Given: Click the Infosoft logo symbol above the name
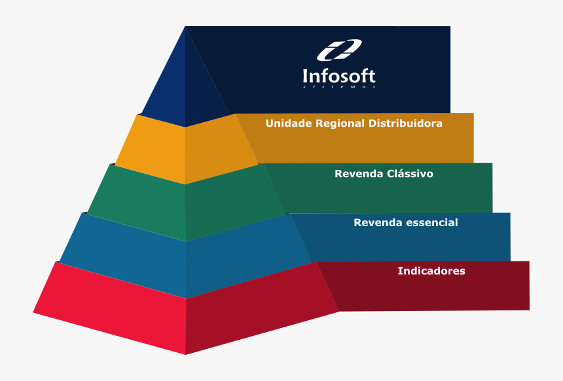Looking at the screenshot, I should click(339, 50).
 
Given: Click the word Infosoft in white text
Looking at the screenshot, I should click(339, 76).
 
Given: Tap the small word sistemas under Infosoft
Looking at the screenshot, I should click(339, 86).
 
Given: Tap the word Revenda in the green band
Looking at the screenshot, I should click(357, 174).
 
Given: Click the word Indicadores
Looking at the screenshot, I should click(431, 271).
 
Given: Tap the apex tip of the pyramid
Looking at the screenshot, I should click(185, 27).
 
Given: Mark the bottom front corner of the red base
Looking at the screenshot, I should click(186, 354).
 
